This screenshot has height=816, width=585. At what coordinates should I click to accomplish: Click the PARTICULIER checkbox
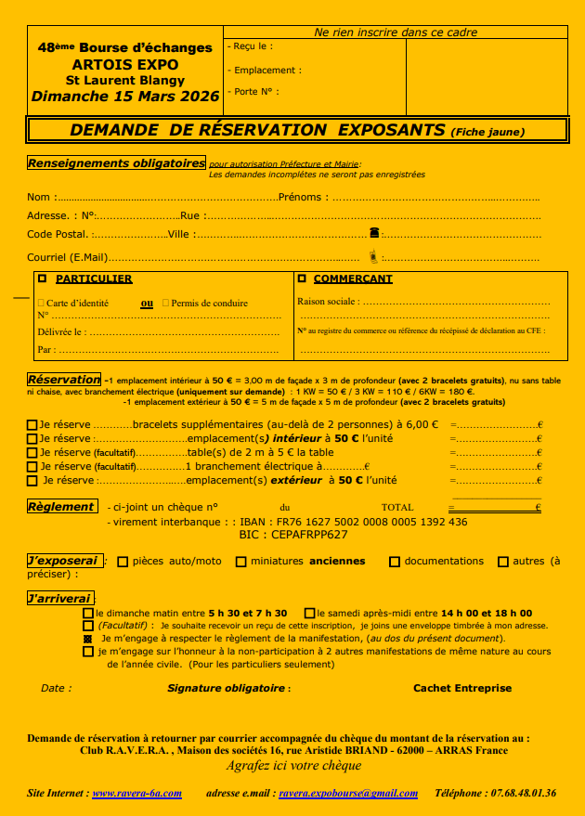(x=42, y=278)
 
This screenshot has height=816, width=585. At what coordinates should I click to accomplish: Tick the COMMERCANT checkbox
(x=301, y=278)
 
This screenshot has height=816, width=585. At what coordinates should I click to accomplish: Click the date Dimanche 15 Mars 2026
(x=125, y=96)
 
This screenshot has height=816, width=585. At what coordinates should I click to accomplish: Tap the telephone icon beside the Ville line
(x=373, y=233)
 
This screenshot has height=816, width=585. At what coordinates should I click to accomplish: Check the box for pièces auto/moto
(x=123, y=562)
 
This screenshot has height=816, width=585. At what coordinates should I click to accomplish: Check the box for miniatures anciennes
(x=241, y=562)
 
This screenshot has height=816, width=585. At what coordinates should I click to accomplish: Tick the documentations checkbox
(x=395, y=562)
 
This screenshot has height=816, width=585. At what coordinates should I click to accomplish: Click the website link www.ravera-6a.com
(x=136, y=793)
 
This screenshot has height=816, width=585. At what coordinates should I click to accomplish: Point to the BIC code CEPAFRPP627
(x=307, y=535)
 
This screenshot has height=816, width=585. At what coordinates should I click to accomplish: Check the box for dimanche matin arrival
(x=88, y=614)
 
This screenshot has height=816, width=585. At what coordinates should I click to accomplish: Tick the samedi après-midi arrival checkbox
(x=309, y=614)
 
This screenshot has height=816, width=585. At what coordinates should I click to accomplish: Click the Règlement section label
(x=60, y=507)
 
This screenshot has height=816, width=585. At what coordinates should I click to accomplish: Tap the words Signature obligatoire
(x=228, y=688)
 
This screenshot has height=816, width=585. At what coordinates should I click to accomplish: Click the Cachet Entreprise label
(x=461, y=688)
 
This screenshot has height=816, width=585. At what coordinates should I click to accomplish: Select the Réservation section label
(x=63, y=380)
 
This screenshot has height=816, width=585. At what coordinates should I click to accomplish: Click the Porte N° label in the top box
(x=257, y=92)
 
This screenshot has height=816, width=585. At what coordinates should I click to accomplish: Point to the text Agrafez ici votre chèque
(x=293, y=766)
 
